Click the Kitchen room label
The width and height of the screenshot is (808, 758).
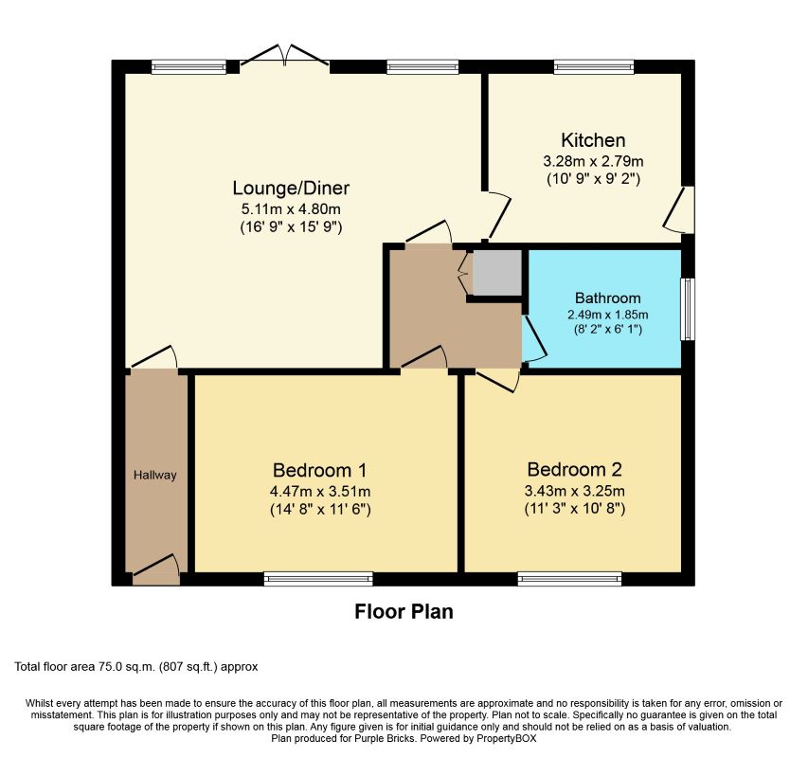pos(593,140)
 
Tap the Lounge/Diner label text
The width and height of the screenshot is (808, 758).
pos(291,189)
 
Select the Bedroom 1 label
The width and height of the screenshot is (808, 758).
pos(319,471)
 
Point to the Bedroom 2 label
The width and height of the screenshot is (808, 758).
pos(575,469)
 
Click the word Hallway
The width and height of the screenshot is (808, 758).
pos(155,475)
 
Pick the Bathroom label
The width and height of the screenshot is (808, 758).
pos(608,298)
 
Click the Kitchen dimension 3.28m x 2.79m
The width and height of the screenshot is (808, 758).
pos(593,161)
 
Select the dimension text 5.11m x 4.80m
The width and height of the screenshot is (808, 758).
pos(291,209)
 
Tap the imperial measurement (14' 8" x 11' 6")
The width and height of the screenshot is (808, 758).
pos(320,510)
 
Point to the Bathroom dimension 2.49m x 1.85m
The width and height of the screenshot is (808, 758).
pos(608,315)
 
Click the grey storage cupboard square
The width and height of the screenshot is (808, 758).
pos(496,273)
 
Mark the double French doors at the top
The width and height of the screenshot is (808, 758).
pos(284,56)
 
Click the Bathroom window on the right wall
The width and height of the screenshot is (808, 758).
pos(688,309)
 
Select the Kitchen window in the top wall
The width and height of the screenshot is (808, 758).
pos(594,66)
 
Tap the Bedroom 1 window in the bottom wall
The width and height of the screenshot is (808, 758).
pos(318,579)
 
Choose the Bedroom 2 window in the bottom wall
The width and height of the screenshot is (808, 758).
pos(569,579)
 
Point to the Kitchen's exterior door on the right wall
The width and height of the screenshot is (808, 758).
pos(678,210)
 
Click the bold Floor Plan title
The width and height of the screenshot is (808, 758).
pos(404,612)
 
